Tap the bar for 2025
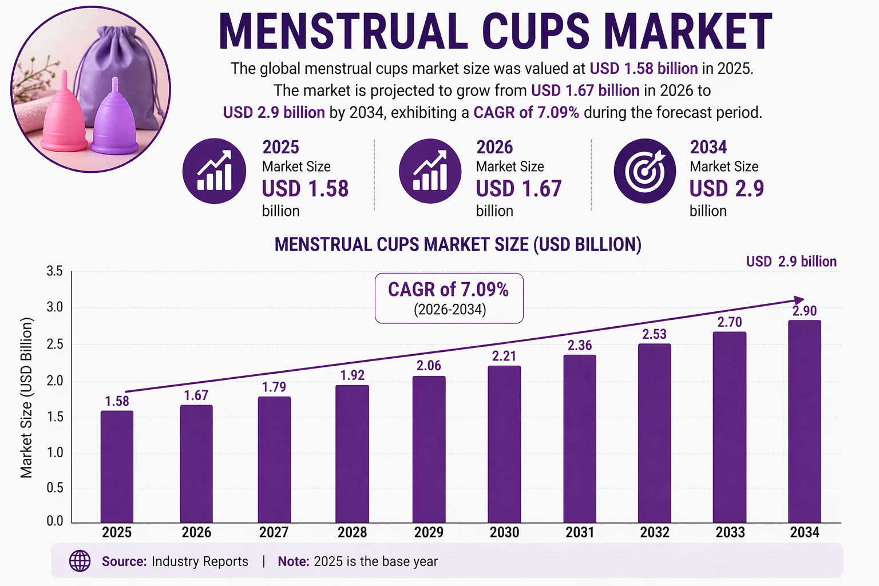(117, 466)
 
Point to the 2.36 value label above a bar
(580, 345)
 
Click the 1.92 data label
(352, 375)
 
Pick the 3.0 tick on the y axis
(55, 307)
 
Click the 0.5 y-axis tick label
(55, 488)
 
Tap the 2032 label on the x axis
(655, 533)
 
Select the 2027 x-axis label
(274, 533)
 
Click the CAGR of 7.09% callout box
(449, 298)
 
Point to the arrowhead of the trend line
(799, 300)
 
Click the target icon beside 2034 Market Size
(644, 171)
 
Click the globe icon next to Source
(80, 561)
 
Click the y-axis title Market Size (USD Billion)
(26, 398)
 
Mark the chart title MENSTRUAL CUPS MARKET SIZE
(458, 245)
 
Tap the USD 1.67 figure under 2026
(518, 189)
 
